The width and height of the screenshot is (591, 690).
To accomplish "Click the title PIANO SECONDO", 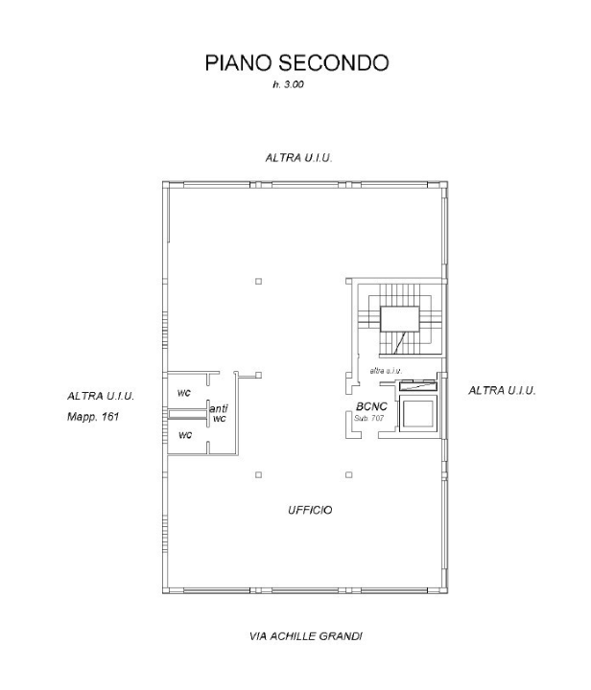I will [x=295, y=63].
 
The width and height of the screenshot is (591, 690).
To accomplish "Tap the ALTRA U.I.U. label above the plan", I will [x=298, y=156].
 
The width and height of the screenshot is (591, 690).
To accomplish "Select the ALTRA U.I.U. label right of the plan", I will [x=501, y=391].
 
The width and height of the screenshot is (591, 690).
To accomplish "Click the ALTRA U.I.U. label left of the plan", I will [x=101, y=396].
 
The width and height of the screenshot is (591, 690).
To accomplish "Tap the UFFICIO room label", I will [x=310, y=511].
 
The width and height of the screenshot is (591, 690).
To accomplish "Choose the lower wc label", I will [x=185, y=436].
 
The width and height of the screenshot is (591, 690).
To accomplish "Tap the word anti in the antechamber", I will [x=218, y=409].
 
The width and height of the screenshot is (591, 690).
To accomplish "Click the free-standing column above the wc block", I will [x=258, y=281].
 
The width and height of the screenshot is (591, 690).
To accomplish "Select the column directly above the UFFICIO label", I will [x=347, y=474].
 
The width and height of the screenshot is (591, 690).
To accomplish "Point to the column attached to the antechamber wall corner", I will [x=258, y=375].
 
